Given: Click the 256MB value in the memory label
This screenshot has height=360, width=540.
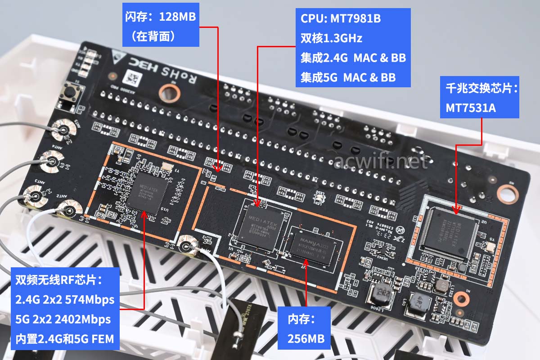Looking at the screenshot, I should pos(306,338).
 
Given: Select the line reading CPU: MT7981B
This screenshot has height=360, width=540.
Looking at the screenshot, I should pos(341,19).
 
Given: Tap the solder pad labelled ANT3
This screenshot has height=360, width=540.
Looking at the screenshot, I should pos(35,196).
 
